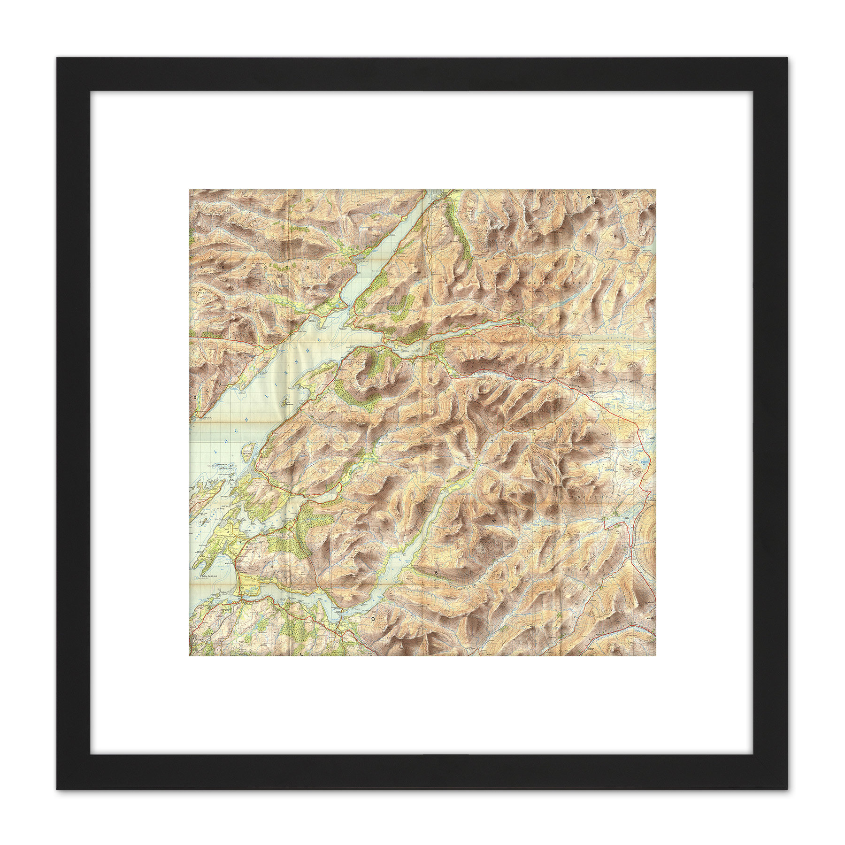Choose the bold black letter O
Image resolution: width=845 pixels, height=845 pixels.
(374, 619)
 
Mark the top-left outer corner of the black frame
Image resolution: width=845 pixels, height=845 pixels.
(57, 58)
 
